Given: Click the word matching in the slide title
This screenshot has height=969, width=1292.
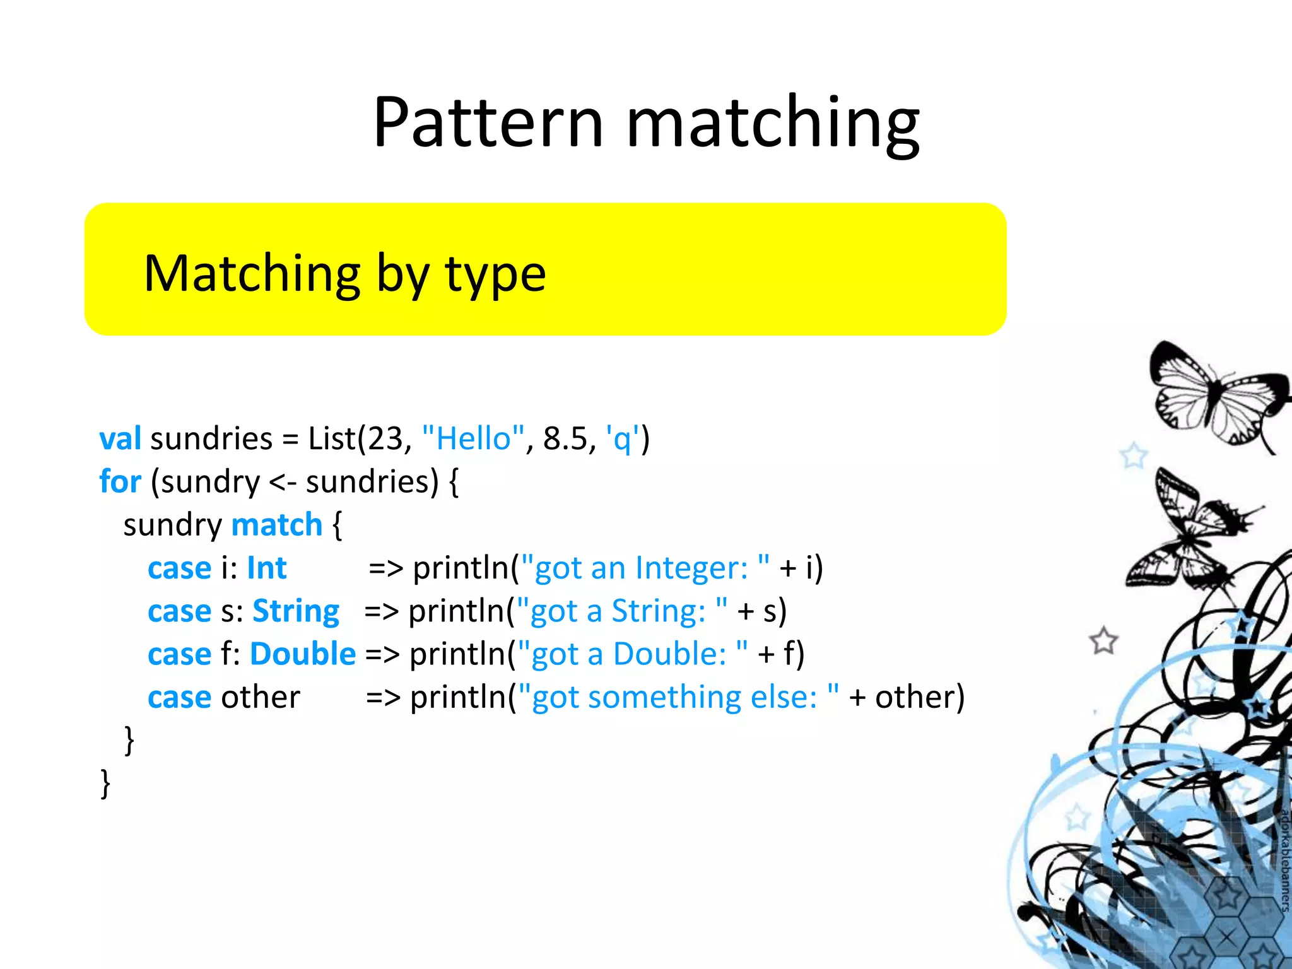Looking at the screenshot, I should click(x=773, y=124).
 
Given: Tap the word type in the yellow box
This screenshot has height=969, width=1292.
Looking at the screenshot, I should click(x=495, y=276).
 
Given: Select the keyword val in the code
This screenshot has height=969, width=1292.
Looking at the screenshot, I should click(x=120, y=438).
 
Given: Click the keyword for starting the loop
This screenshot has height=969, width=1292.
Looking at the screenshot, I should click(x=120, y=481).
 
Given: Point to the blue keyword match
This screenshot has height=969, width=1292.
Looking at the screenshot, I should click(x=277, y=524).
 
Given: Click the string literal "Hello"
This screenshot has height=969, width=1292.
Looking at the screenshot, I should click(x=473, y=438).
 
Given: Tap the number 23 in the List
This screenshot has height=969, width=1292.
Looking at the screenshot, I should click(x=385, y=439).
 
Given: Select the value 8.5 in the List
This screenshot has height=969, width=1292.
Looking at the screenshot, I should click(x=565, y=439).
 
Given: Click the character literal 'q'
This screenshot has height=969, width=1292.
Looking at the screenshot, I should click(x=622, y=439).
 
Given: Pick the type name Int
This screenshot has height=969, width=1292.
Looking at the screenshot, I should click(x=266, y=568).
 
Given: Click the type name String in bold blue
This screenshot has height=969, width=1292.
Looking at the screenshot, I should click(x=295, y=611).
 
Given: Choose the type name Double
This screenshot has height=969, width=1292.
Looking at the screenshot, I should click(x=303, y=654).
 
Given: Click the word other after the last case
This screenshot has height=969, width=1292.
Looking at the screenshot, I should click(x=260, y=697).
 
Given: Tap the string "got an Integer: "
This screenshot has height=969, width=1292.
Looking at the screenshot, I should click(x=646, y=568).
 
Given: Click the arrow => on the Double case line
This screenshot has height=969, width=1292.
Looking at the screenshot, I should click(x=382, y=654).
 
